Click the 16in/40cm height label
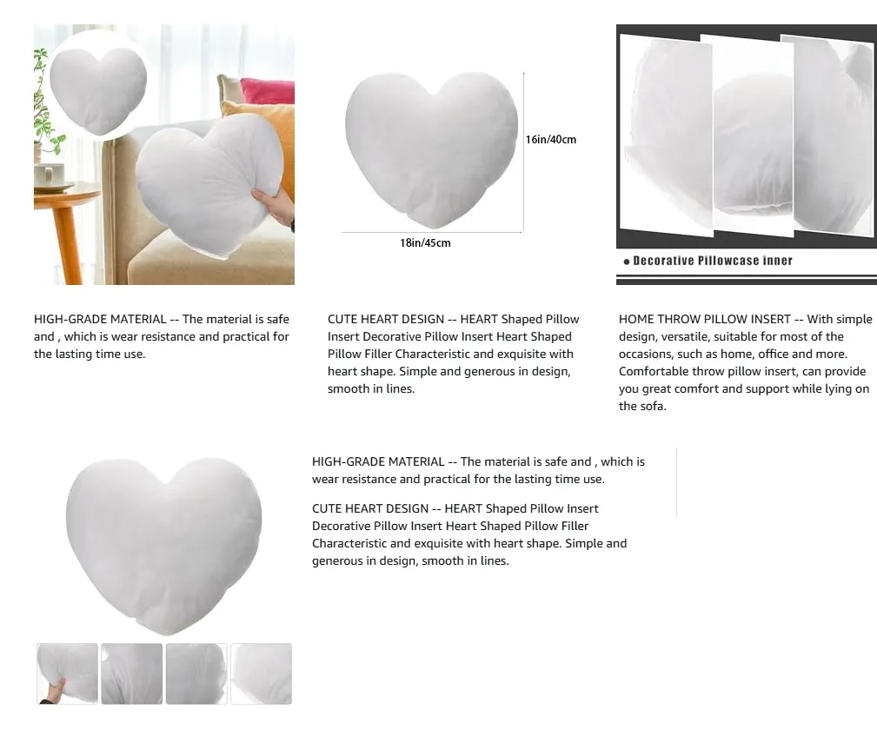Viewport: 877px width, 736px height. pyautogui.click(x=550, y=140)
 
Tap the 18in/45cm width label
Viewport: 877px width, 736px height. pyautogui.click(x=425, y=243)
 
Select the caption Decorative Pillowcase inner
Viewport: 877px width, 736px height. pyautogui.click(x=713, y=261)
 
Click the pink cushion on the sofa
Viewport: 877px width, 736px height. pyautogui.click(x=266, y=90)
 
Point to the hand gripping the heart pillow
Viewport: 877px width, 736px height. pyautogui.click(x=276, y=205)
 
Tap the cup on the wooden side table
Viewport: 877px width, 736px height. pyautogui.click(x=50, y=174)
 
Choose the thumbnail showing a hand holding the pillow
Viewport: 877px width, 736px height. pyautogui.click(x=67, y=673)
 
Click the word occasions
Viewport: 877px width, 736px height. pyautogui.click(x=648, y=355)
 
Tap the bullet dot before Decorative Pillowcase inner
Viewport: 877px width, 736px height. pyautogui.click(x=626, y=262)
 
